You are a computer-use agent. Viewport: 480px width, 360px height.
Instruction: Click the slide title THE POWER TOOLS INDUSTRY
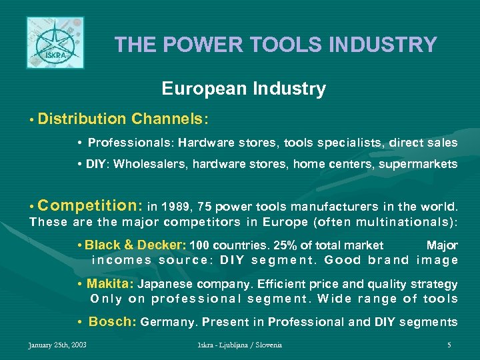coord(275,45)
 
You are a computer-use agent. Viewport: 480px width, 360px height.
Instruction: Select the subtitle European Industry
coord(243,89)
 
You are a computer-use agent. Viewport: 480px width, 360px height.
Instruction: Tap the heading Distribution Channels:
coord(123,119)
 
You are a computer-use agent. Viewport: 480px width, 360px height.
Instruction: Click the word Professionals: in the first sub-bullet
coord(131,143)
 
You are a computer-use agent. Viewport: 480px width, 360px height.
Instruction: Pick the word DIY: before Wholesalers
coord(98,164)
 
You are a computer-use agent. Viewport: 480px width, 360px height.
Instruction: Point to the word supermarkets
coord(425,164)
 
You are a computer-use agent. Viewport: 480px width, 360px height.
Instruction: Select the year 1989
coord(175,206)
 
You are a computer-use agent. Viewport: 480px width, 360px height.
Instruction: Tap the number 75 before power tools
coord(204,206)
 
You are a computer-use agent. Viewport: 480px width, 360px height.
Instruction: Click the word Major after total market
coord(442,245)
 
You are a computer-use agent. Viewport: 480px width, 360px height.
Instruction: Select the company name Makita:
coord(110,283)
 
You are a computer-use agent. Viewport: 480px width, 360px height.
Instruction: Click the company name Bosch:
coord(113,322)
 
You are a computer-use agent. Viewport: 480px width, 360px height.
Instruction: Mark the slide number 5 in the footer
coord(449,345)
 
